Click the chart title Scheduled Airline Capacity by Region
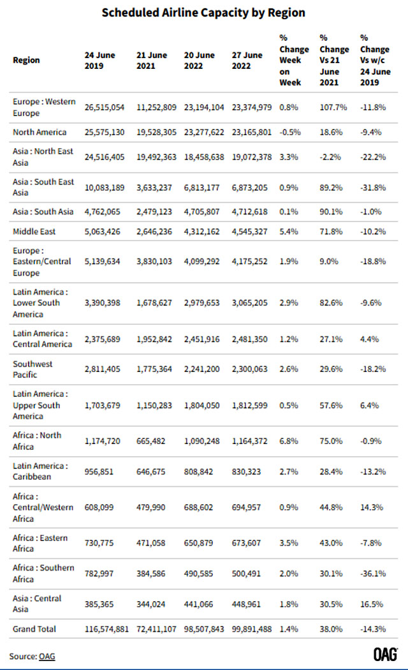203,12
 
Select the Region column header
26,60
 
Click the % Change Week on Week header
293,60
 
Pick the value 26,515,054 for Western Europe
107,108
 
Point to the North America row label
40,132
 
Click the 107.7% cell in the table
333,108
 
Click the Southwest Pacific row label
33,369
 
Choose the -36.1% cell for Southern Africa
374,573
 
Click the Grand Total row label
34,629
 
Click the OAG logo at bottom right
386,655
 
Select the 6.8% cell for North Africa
288,441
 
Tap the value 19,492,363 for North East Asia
159,156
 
